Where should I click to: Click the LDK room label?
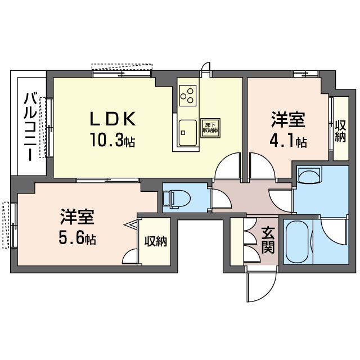[x=112, y=119]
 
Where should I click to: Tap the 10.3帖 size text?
[x=112, y=140]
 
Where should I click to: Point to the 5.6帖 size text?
[x=77, y=238]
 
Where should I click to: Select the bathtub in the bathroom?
[x=296, y=242]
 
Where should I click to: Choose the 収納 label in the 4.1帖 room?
[x=340, y=131]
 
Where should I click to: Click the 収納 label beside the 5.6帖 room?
[x=156, y=241]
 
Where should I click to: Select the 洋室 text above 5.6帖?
[x=77, y=217]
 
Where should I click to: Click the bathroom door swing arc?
[x=325, y=231]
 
